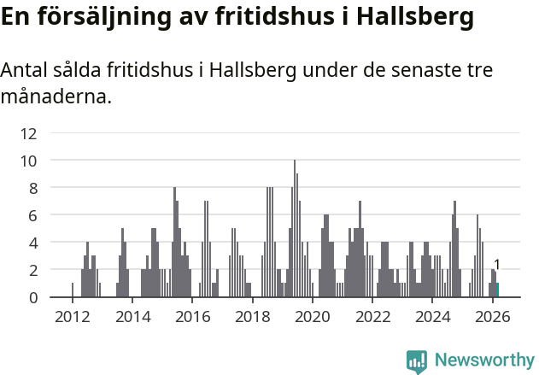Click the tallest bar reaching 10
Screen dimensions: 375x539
coord(295,229)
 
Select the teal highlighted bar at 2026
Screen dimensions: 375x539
coord(497,290)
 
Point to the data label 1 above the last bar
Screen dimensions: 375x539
coord(497,265)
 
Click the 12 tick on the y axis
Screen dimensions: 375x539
coord(28,133)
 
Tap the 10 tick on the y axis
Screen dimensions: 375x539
coord(28,161)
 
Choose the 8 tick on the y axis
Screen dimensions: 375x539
coord(32,188)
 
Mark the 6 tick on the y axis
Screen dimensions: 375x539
coord(32,215)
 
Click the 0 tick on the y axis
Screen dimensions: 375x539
coord(32,297)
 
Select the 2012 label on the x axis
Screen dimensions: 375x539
coord(72,317)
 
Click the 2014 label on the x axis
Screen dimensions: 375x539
coord(132,317)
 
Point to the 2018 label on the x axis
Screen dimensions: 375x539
coord(253,317)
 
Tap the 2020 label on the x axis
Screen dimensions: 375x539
coord(313,317)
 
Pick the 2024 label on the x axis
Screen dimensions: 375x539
coord(433,317)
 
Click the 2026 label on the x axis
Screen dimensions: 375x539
coord(493,317)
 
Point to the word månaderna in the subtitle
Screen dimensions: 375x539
coord(55,97)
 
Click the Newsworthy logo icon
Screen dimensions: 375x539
coord(417,361)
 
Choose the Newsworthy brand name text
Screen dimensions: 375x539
coord(484,360)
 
